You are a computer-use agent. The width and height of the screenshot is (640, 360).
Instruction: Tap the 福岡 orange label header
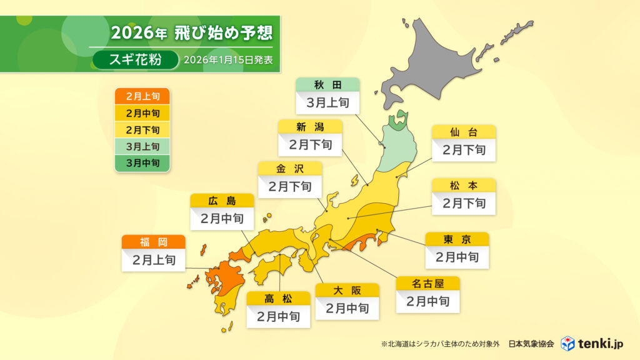[154, 242]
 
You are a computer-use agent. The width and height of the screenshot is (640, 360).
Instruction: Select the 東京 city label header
[457, 239]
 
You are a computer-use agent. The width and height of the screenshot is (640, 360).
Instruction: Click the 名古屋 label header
[428, 284]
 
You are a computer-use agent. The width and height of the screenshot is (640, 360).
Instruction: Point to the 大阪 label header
[347, 291]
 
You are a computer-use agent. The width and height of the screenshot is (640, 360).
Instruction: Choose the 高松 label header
[278, 298]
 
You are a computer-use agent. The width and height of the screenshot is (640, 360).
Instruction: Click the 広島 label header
[222, 201]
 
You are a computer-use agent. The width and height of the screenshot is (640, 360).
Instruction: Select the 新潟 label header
[311, 127]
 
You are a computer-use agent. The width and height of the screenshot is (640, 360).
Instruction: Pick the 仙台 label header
[464, 132]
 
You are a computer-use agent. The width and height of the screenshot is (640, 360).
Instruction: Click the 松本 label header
[464, 186]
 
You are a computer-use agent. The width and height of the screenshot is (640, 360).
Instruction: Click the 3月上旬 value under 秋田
[328, 102]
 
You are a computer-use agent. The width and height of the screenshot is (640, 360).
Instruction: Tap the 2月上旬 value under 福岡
[154, 260]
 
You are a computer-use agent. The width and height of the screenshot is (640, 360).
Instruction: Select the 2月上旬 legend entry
[142, 97]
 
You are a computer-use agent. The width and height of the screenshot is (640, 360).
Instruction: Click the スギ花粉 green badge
[134, 60]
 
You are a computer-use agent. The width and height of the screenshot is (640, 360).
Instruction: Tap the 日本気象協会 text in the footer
[531, 344]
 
